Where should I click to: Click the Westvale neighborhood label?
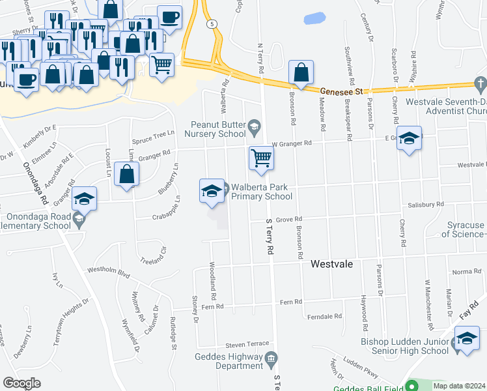pyautogui.click(x=331, y=264)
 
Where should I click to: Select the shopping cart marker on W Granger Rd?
pyautogui.click(x=261, y=158)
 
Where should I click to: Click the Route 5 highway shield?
pyautogui.click(x=212, y=24)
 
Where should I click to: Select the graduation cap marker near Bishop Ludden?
pyautogui.click(x=467, y=340)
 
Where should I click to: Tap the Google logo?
pyautogui.click(x=21, y=383)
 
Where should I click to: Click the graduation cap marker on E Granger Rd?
pyautogui.click(x=409, y=138)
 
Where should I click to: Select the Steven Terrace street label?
pyautogui.click(x=247, y=344)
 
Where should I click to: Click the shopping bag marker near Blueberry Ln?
pyautogui.click(x=127, y=175)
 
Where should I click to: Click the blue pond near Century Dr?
pyautogui.click(x=314, y=19)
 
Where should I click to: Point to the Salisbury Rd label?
pyautogui.click(x=426, y=204)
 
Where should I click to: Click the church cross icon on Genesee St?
pyautogui.click(x=480, y=83)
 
